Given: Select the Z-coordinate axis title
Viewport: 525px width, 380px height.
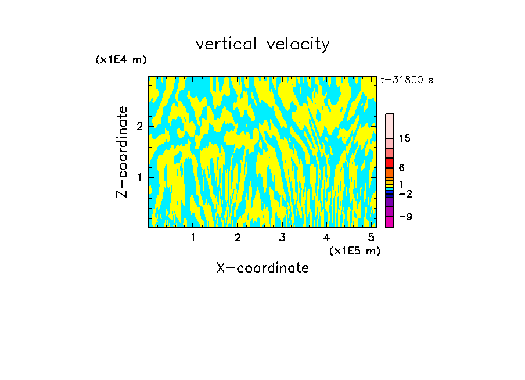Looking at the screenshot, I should coord(122,152).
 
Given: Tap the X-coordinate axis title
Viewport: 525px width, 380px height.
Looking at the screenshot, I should coord(262,268).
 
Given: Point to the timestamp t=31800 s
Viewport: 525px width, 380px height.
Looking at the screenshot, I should coord(407,80).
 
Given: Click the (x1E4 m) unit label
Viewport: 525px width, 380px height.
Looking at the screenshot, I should coord(121,60).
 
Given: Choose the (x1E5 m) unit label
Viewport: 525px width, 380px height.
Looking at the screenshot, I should coord(354,250).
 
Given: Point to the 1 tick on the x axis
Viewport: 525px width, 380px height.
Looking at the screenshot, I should coord(193,237).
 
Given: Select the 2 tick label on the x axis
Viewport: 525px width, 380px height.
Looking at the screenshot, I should coord(238,237).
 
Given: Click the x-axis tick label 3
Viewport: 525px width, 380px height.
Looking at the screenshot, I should coord(282,237).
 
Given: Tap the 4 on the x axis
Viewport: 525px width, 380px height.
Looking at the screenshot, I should coord(326,237).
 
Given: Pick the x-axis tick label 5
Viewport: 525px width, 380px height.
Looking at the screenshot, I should coord(371,237).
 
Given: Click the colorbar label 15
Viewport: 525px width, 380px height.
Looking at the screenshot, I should coord(405,138).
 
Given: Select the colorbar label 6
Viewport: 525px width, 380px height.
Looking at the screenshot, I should coord(401,168).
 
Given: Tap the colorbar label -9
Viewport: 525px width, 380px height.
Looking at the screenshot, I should coord(405,217).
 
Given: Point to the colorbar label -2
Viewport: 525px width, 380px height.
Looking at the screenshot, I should coord(405,193).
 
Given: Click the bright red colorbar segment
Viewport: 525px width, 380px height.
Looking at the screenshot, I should coord(389,163).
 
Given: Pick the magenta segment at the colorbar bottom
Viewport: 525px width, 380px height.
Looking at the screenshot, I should coord(389,222).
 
